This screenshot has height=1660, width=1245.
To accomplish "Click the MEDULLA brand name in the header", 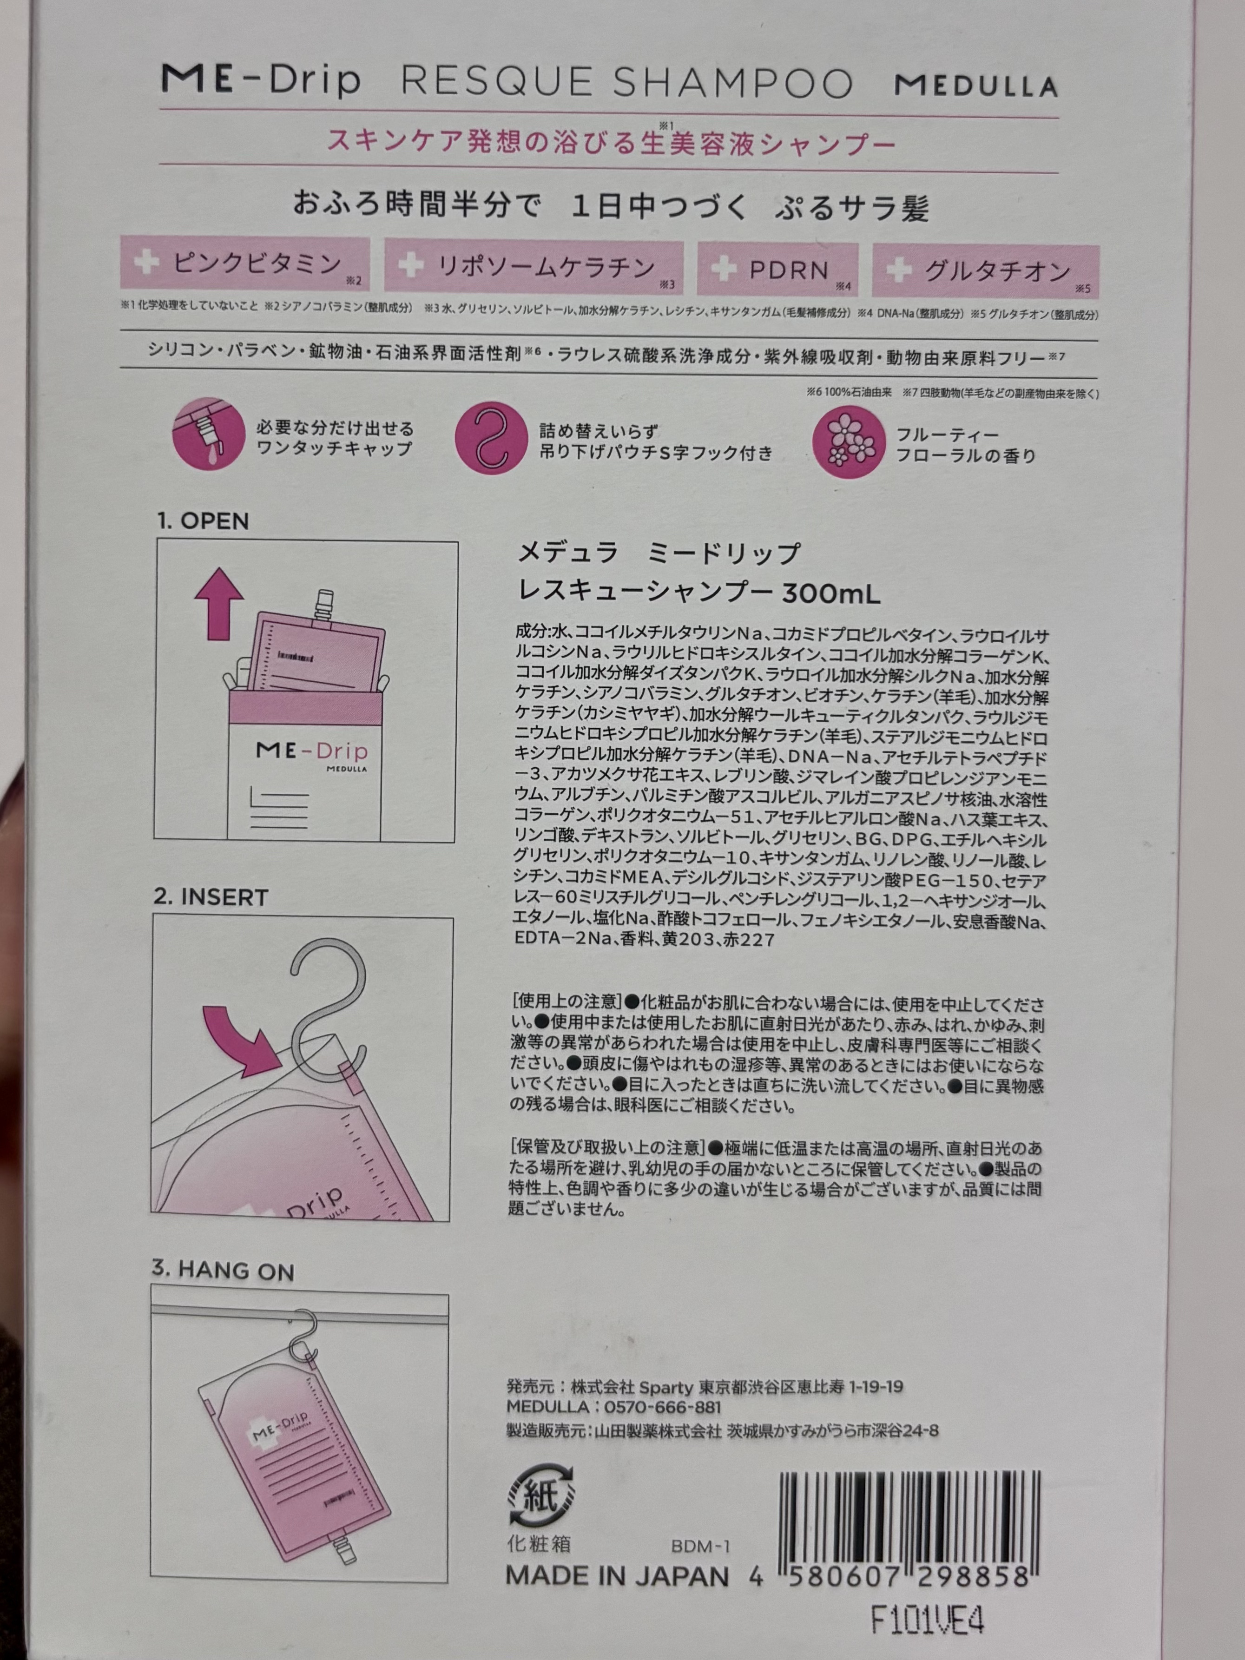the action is click(x=975, y=86).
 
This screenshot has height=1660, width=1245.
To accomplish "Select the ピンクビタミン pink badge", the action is click(x=244, y=264).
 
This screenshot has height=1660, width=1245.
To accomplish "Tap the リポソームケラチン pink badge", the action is click(x=534, y=266).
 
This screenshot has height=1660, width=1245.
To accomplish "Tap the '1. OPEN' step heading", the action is click(x=203, y=521).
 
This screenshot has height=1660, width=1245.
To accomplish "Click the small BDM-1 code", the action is click(x=700, y=1546).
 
